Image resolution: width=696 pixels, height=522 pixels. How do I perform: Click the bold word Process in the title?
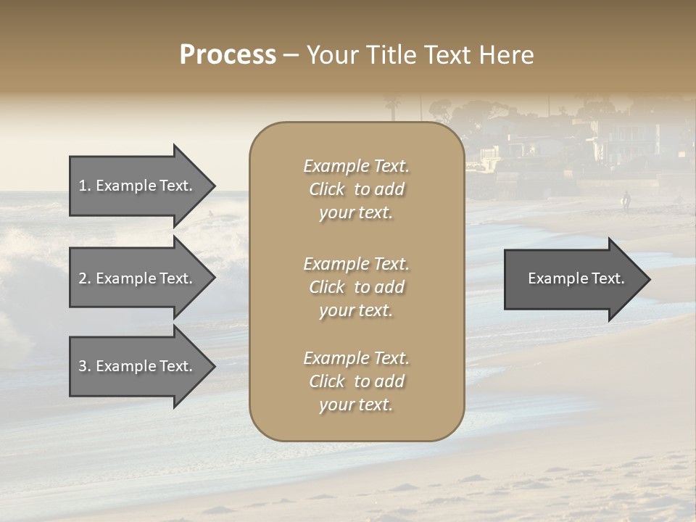228,55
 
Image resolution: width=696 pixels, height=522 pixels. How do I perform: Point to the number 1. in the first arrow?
85,186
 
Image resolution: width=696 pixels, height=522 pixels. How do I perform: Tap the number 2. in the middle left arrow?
85,278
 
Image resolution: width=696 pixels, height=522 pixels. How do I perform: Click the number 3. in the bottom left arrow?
85,366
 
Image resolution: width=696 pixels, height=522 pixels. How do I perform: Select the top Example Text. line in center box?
356,166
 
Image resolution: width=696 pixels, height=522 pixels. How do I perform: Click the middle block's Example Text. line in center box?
356,264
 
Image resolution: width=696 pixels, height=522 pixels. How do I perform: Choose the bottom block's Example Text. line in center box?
356,358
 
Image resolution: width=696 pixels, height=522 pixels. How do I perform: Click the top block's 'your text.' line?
356,212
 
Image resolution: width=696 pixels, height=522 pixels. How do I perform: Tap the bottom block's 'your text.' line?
356,405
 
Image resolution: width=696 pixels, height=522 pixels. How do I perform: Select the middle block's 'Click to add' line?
356,287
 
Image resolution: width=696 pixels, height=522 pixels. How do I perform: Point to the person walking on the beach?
626,201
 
